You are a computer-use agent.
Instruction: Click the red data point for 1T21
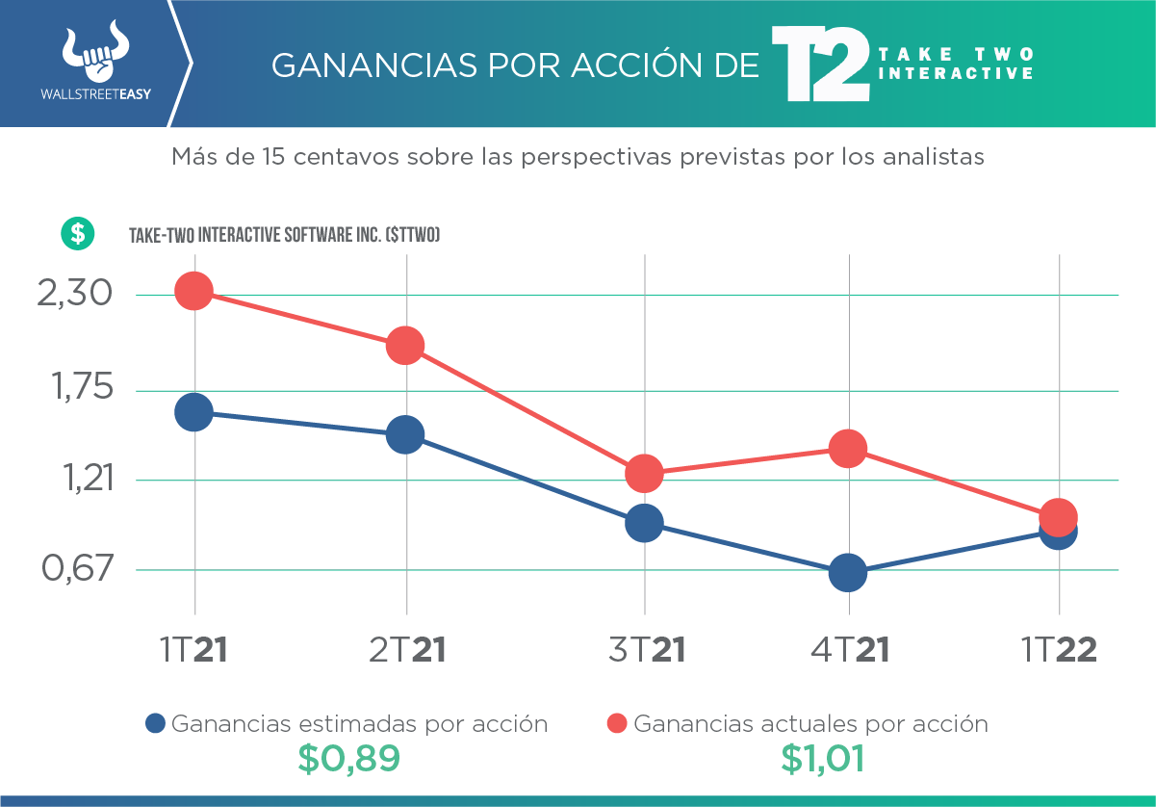click(x=193, y=290)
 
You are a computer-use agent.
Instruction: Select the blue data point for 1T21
click(x=193, y=412)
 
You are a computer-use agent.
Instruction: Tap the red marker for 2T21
click(x=404, y=345)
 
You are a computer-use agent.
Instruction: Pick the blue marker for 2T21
click(x=404, y=434)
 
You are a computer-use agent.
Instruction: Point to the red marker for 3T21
click(x=644, y=473)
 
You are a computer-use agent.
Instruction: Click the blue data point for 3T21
click(x=644, y=523)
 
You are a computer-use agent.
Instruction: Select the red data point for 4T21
click(x=848, y=448)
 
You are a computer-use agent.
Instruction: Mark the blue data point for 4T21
click(x=848, y=573)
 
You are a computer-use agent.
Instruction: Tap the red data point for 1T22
click(x=1059, y=516)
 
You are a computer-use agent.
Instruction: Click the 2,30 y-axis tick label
click(x=76, y=294)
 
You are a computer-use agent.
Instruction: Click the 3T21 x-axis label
click(x=646, y=651)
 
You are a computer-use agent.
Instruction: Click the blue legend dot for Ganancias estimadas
click(x=156, y=724)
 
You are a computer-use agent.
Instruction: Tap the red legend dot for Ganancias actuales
click(x=618, y=724)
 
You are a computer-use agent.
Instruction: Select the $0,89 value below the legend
click(x=347, y=759)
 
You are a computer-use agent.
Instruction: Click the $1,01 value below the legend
click(x=822, y=759)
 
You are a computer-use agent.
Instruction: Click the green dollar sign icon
click(x=77, y=233)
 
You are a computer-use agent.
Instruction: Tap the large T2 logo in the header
click(x=820, y=65)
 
